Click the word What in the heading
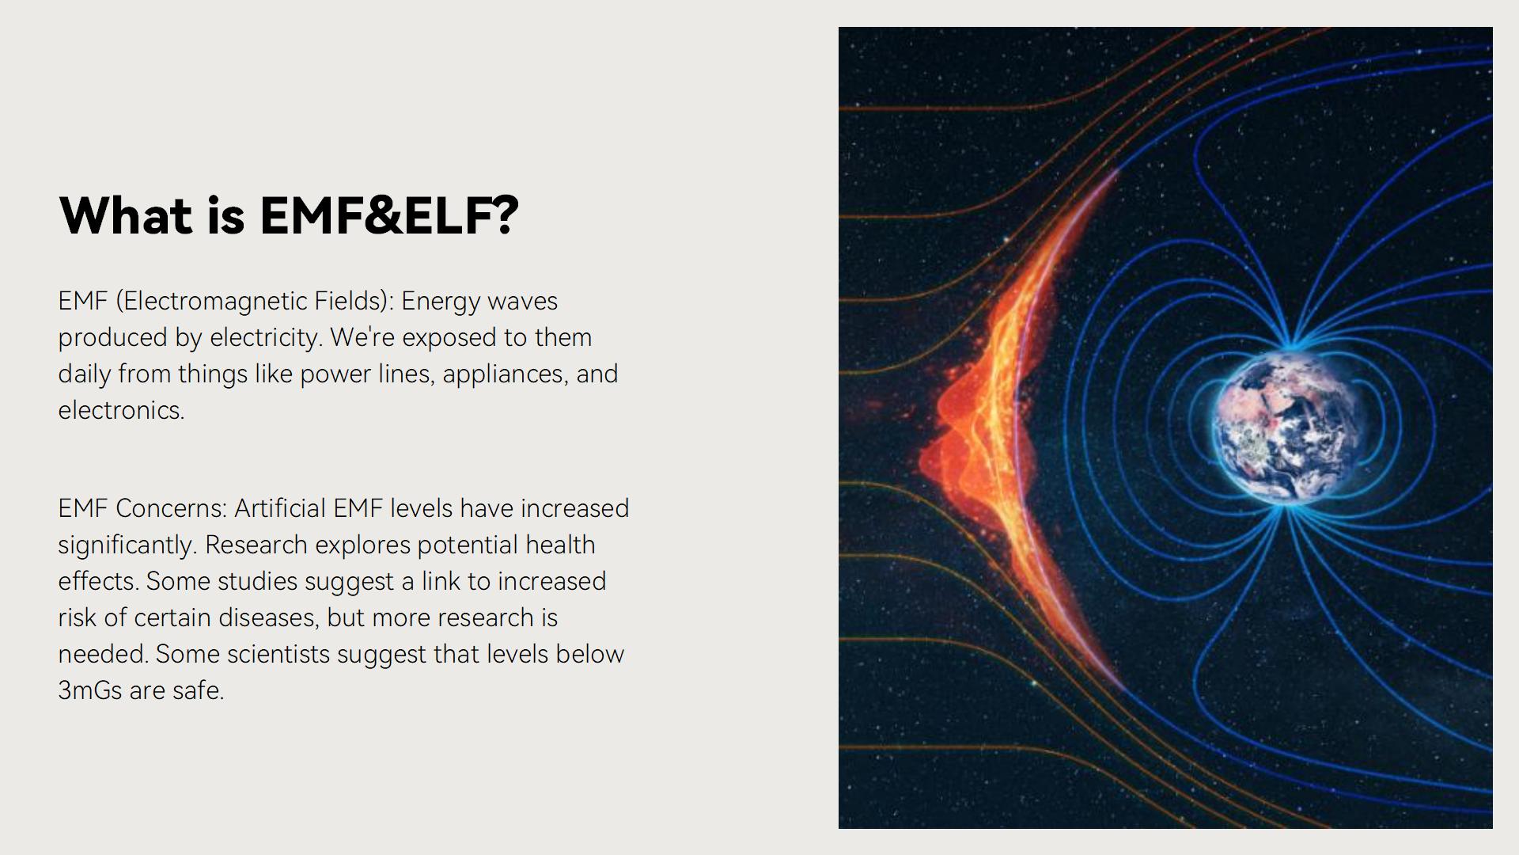click(126, 215)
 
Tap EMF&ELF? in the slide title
click(388, 215)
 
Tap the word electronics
click(121, 410)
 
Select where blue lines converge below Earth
click(1285, 509)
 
